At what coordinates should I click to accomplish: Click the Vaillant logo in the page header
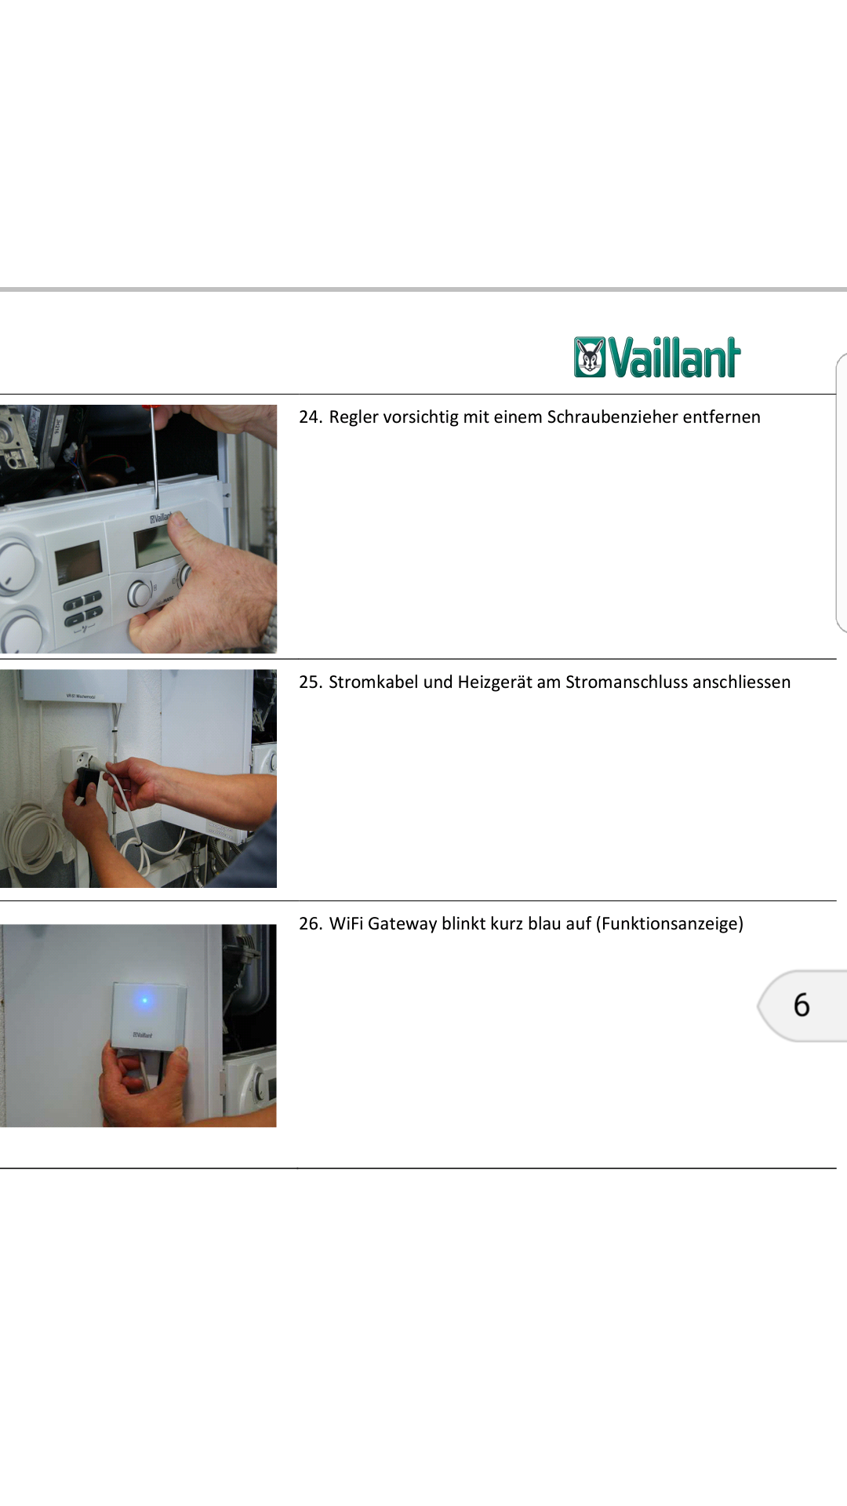tap(657, 358)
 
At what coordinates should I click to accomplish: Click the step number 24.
tap(311, 417)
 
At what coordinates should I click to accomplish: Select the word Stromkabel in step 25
tap(373, 682)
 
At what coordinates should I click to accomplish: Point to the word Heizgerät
tap(494, 682)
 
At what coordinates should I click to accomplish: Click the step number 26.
tap(311, 924)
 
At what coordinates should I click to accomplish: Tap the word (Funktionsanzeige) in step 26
tap(670, 924)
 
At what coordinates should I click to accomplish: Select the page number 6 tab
tap(802, 1006)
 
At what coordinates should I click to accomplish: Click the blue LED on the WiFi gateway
tap(144, 1000)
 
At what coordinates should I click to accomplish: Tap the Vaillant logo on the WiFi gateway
tap(143, 1035)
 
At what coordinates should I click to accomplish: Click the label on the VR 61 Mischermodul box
tap(81, 696)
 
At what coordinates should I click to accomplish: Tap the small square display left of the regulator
tap(78, 562)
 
